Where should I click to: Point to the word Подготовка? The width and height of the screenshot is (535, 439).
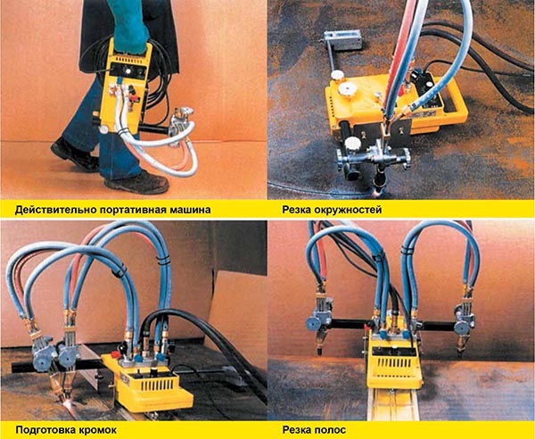click(x=40, y=429)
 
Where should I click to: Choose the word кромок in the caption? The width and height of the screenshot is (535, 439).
click(x=103, y=429)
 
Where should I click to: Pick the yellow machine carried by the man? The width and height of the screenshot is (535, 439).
click(x=129, y=85)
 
